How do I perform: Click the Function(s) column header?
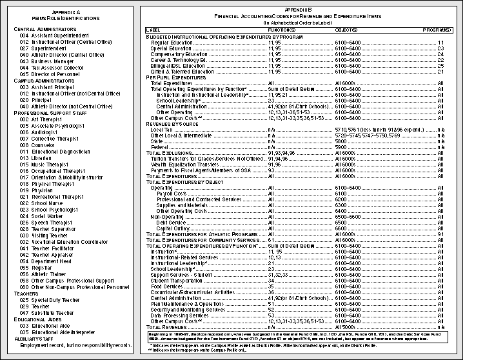[282, 30]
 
